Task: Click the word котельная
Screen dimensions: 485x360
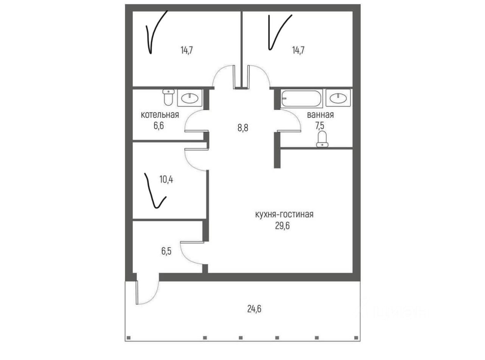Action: coord(160,115)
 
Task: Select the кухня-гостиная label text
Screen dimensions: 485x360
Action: coord(284,215)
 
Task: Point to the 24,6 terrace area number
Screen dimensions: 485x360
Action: coord(254,309)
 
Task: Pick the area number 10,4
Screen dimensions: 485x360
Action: coord(166,179)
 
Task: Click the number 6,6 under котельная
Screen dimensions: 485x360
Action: coord(160,126)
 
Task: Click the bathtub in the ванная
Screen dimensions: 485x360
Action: coord(302,98)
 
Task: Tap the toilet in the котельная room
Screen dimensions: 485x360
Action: coord(168,97)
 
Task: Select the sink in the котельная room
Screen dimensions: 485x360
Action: coord(189,98)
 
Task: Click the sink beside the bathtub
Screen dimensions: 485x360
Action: coord(338,98)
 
